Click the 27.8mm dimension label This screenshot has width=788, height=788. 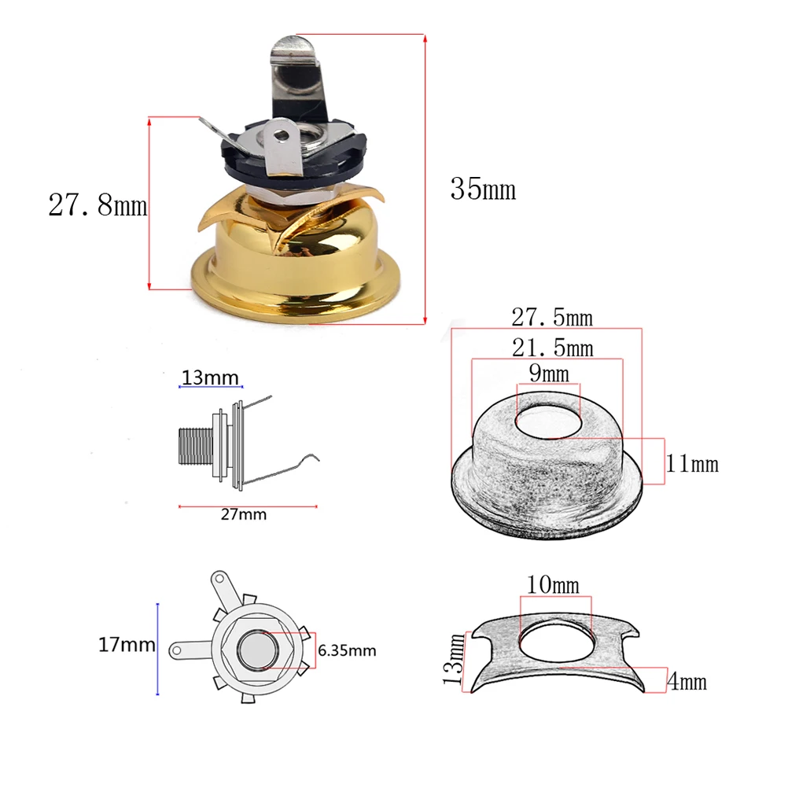(x=98, y=206)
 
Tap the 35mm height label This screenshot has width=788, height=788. (x=483, y=190)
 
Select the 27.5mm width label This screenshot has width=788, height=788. (x=552, y=319)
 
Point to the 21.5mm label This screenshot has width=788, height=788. (x=552, y=348)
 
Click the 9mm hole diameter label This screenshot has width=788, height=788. (x=548, y=374)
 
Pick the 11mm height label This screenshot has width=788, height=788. (x=692, y=463)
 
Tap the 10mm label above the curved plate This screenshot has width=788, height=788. (x=554, y=586)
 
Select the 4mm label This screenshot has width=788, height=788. (x=686, y=682)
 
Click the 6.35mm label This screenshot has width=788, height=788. (x=347, y=650)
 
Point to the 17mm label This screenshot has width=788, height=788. (x=127, y=646)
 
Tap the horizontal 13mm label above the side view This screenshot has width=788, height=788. (x=210, y=378)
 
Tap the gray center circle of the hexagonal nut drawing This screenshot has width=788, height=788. (x=256, y=650)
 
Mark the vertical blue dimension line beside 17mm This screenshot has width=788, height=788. (x=158, y=649)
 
